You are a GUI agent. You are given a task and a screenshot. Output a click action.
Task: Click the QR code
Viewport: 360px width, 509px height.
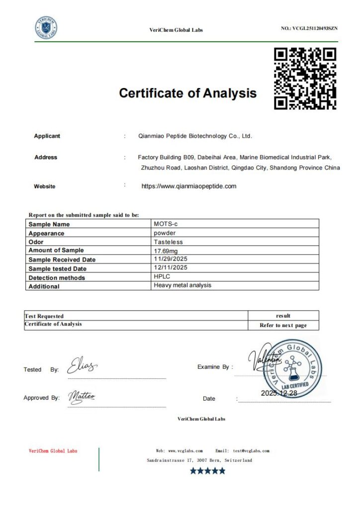coord(305,78)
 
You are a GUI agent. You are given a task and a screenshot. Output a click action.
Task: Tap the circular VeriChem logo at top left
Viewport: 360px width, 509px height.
coord(46,28)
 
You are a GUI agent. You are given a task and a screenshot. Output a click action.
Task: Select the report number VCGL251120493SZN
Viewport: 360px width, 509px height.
coord(309,28)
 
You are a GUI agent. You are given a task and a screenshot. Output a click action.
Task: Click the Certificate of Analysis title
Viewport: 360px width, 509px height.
coord(188,93)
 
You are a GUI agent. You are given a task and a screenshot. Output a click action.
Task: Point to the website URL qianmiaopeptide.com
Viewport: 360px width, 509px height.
coord(189,186)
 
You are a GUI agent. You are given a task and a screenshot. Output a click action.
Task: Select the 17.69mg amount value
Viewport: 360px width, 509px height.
coord(166,251)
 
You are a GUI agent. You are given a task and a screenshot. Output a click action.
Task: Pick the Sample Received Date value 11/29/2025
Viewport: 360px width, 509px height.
coord(171,259)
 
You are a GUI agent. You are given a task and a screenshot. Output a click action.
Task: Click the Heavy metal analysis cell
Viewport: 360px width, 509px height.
coord(182,285)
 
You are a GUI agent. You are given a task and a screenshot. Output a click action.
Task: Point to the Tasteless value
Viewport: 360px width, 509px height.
coord(167,242)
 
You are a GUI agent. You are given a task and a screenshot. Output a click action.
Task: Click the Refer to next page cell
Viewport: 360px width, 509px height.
coord(283,326)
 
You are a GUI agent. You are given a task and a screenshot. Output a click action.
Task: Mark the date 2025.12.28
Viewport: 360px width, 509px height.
coord(278,393)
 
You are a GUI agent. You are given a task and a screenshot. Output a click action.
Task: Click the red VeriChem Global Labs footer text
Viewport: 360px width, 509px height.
coord(53,451)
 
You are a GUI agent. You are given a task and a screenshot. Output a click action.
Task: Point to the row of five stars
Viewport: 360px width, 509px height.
coord(207,471)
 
